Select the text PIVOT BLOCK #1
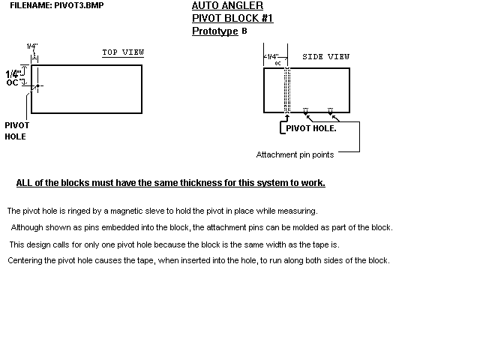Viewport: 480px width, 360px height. [232, 18]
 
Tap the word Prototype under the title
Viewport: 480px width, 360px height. [215, 31]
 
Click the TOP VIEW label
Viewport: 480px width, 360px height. [123, 52]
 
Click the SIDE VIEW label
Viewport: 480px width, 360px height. [326, 56]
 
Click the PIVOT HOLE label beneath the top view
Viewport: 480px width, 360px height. [16, 131]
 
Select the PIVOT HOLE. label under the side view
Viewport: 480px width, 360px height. [311, 128]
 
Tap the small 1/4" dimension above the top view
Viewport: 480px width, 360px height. [32, 46]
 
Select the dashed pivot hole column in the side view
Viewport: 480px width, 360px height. [286, 90]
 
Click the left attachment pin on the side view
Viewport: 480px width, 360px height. [305, 112]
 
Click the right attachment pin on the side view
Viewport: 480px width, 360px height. [330, 112]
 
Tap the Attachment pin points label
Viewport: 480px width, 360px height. [295, 154]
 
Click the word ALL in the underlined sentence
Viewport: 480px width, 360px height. [24, 183]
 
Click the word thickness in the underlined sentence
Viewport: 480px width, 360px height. [223, 183]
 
